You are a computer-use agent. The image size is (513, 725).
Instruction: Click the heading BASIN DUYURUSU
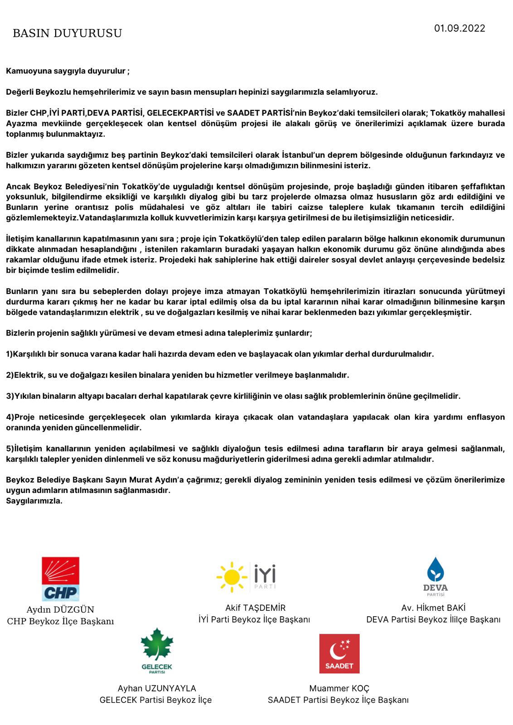click(x=67, y=34)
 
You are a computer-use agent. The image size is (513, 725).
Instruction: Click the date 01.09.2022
click(x=460, y=29)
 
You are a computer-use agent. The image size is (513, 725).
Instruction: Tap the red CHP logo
click(x=61, y=579)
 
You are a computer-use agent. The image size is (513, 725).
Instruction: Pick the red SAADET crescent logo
click(x=339, y=653)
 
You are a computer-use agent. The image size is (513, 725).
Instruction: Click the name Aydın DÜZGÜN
click(x=60, y=610)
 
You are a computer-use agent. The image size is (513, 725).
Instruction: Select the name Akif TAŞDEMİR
click(x=256, y=608)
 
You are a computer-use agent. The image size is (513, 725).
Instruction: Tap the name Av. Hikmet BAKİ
click(x=433, y=608)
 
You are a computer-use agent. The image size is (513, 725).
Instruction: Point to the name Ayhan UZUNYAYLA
click(x=157, y=688)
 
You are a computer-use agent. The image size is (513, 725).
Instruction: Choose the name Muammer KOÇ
click(x=339, y=688)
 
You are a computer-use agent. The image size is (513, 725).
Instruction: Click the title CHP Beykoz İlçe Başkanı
click(x=60, y=621)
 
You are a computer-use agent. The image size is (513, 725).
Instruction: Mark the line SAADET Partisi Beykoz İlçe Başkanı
click(x=338, y=700)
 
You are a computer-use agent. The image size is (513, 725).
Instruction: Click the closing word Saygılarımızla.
click(x=34, y=501)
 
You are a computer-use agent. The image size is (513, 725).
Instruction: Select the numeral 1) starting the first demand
click(x=10, y=354)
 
